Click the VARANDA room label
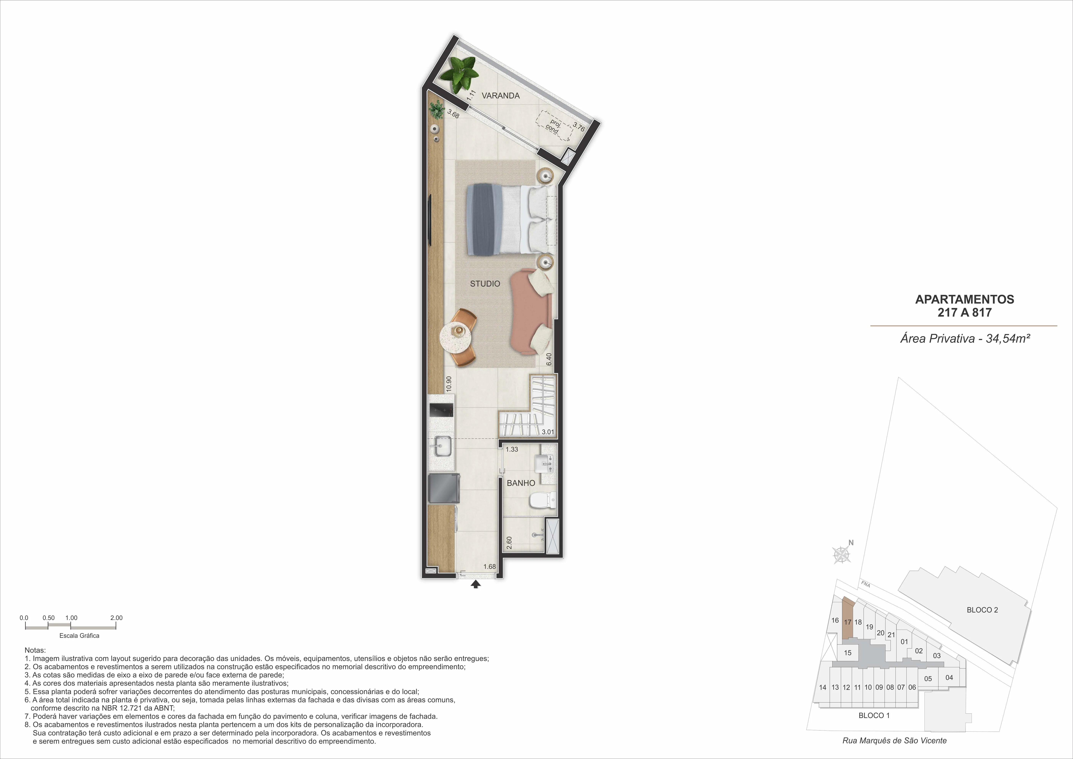(501, 96)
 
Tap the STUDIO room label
(485, 284)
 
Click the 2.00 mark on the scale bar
(116, 618)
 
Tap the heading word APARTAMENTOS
(965, 299)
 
